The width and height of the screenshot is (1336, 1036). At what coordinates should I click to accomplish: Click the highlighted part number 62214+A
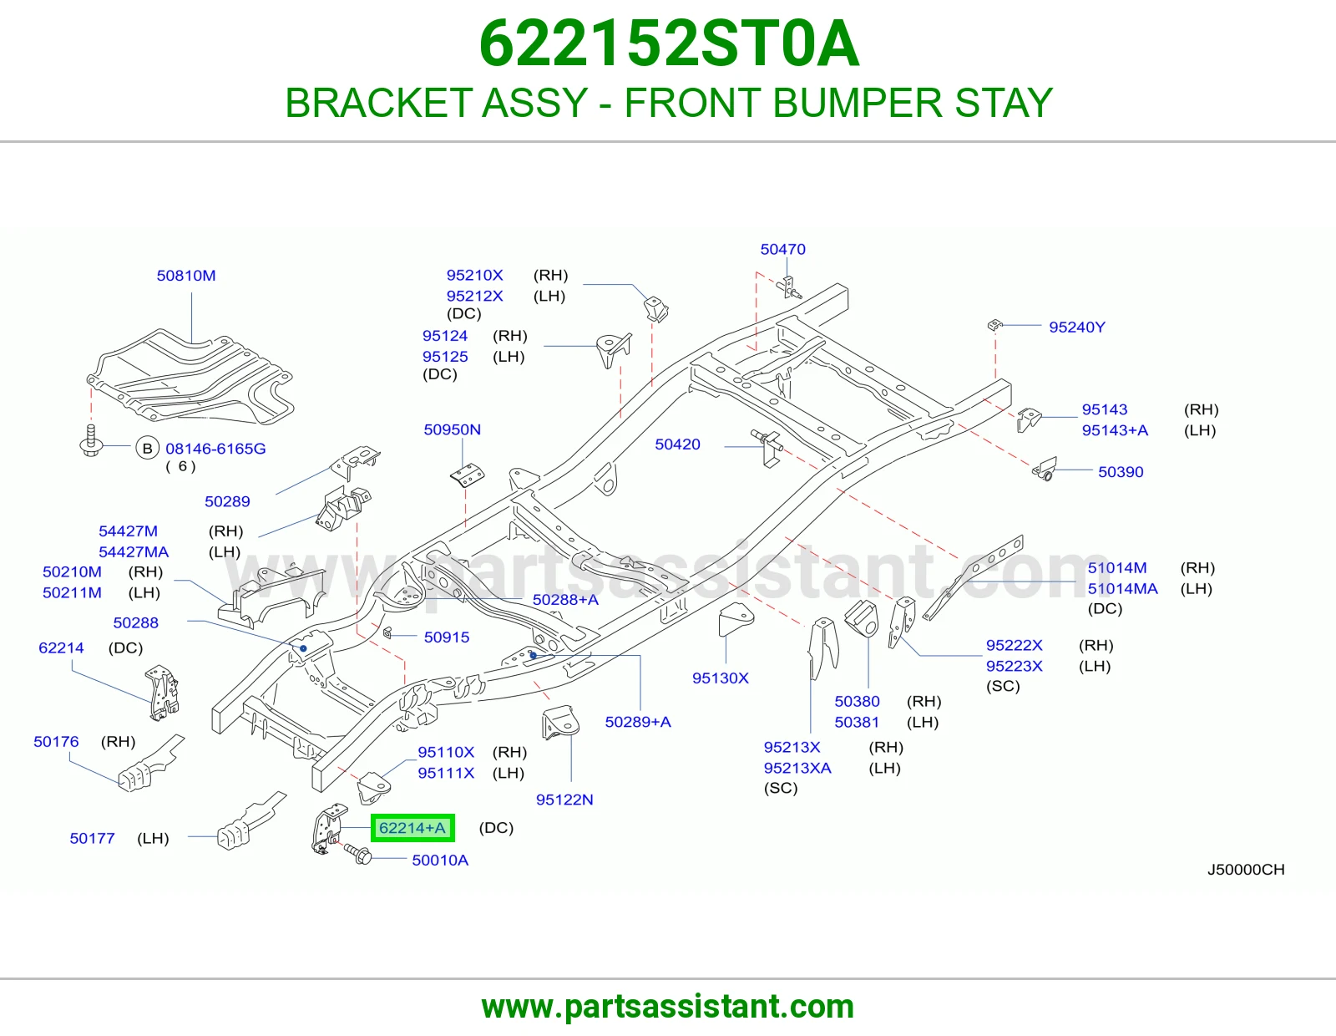[412, 827]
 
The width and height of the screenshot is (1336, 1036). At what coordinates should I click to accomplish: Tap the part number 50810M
[185, 276]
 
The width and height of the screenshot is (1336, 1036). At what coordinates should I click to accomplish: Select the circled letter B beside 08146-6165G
[148, 449]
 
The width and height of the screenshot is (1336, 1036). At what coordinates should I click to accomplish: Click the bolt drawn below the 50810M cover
[91, 441]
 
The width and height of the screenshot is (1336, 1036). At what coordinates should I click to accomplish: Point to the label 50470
[782, 249]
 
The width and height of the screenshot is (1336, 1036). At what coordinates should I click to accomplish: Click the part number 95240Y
[1076, 328]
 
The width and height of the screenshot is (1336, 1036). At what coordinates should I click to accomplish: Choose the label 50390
[1121, 472]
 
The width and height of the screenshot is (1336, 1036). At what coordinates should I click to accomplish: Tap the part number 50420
[677, 444]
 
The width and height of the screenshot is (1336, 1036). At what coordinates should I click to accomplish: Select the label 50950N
[452, 429]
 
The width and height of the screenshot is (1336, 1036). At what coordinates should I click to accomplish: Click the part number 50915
[447, 637]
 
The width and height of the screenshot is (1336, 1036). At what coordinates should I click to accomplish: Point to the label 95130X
[720, 678]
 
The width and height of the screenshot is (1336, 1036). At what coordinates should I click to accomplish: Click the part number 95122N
[564, 800]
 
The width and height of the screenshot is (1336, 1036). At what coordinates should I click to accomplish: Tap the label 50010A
[439, 860]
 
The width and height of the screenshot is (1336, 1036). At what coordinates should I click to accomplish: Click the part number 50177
[92, 838]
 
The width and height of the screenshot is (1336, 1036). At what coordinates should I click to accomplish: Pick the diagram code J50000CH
[1246, 869]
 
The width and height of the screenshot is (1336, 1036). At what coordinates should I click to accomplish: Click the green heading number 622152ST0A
[668, 43]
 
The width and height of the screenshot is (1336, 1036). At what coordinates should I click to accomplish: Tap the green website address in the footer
[668, 1007]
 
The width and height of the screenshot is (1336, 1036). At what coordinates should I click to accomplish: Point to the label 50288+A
[565, 600]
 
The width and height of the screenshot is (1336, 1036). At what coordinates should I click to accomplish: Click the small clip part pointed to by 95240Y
[994, 325]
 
